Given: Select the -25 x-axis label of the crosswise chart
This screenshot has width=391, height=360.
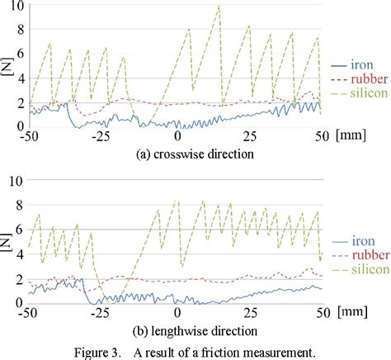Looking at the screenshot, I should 103,137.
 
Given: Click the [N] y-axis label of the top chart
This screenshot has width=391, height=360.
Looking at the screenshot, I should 7,65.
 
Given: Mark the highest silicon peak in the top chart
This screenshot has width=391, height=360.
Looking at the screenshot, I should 219,7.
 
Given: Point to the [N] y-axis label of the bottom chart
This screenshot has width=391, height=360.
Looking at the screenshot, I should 7,243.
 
